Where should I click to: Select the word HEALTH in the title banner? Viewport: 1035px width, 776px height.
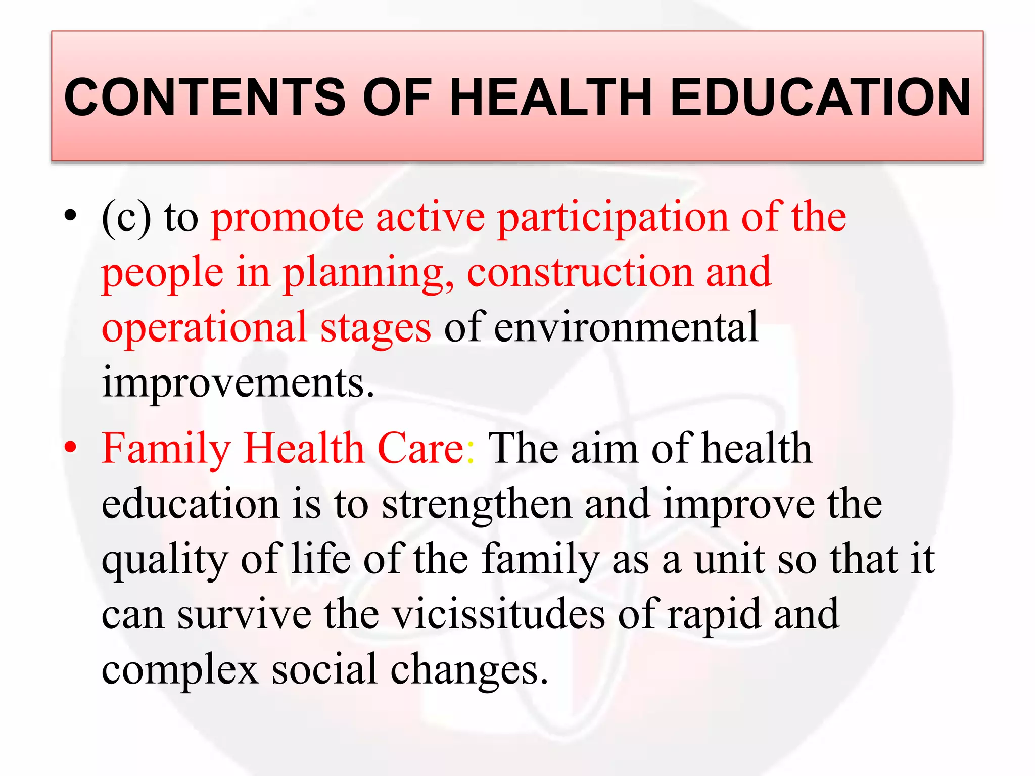(x=551, y=97)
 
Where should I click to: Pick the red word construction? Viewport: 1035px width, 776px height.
(x=580, y=273)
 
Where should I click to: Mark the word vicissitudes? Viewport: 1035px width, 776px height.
(x=499, y=614)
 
